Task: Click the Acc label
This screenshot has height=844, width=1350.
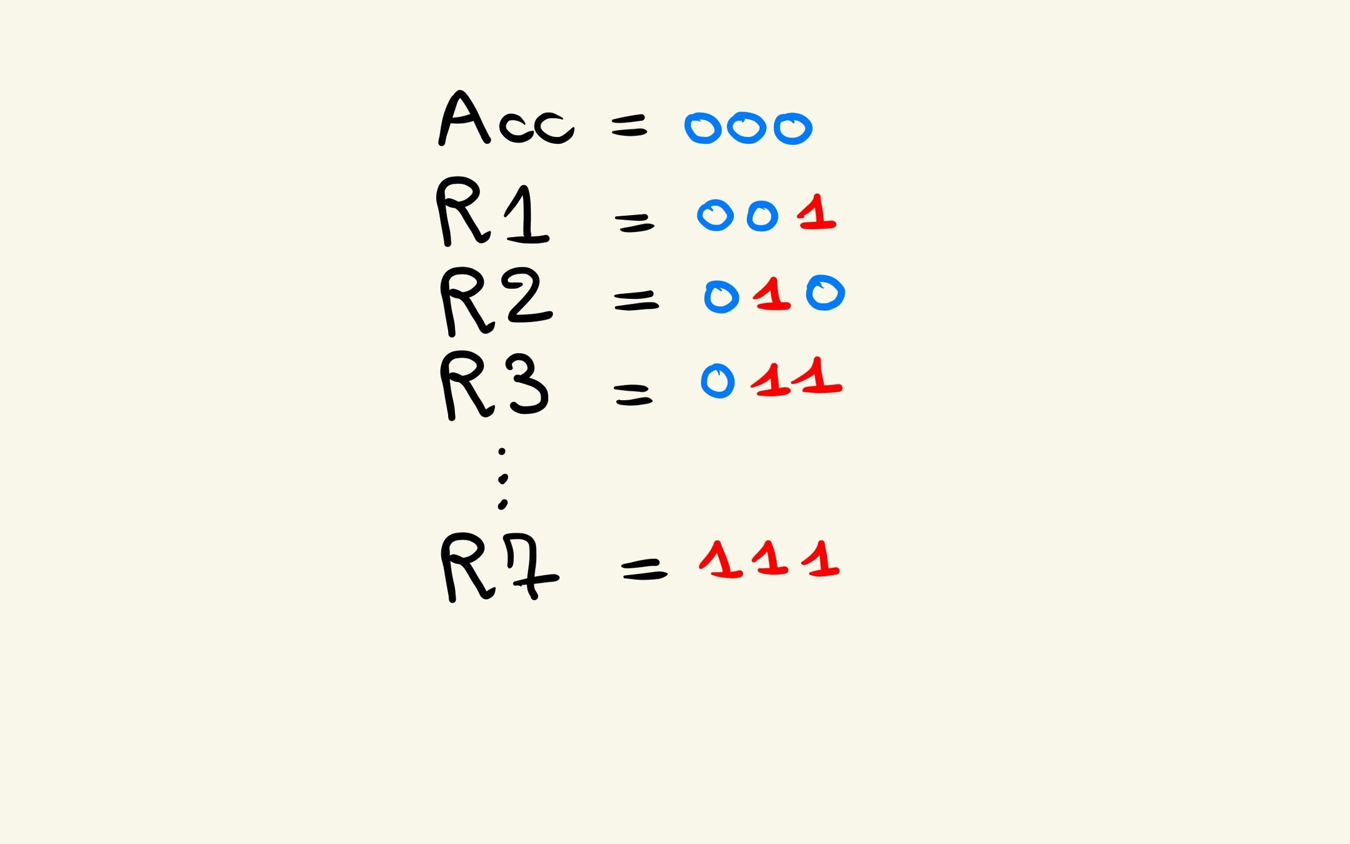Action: coord(506,119)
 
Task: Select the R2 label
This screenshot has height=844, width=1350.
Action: coord(496,300)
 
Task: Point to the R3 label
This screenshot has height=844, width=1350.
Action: coord(494,384)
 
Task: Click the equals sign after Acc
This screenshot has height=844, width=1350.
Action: coord(629,125)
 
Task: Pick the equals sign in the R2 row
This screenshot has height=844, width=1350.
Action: coord(636,300)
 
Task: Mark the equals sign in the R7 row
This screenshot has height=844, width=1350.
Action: coord(644,569)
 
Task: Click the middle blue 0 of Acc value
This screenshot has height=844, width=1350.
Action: coord(746,128)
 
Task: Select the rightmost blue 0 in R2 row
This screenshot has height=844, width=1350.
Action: coord(825,293)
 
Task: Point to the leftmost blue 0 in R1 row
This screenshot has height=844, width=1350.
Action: coord(715,216)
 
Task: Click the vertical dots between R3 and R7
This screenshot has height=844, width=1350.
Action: coord(502,478)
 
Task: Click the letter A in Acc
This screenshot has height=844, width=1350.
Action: coord(464,119)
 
